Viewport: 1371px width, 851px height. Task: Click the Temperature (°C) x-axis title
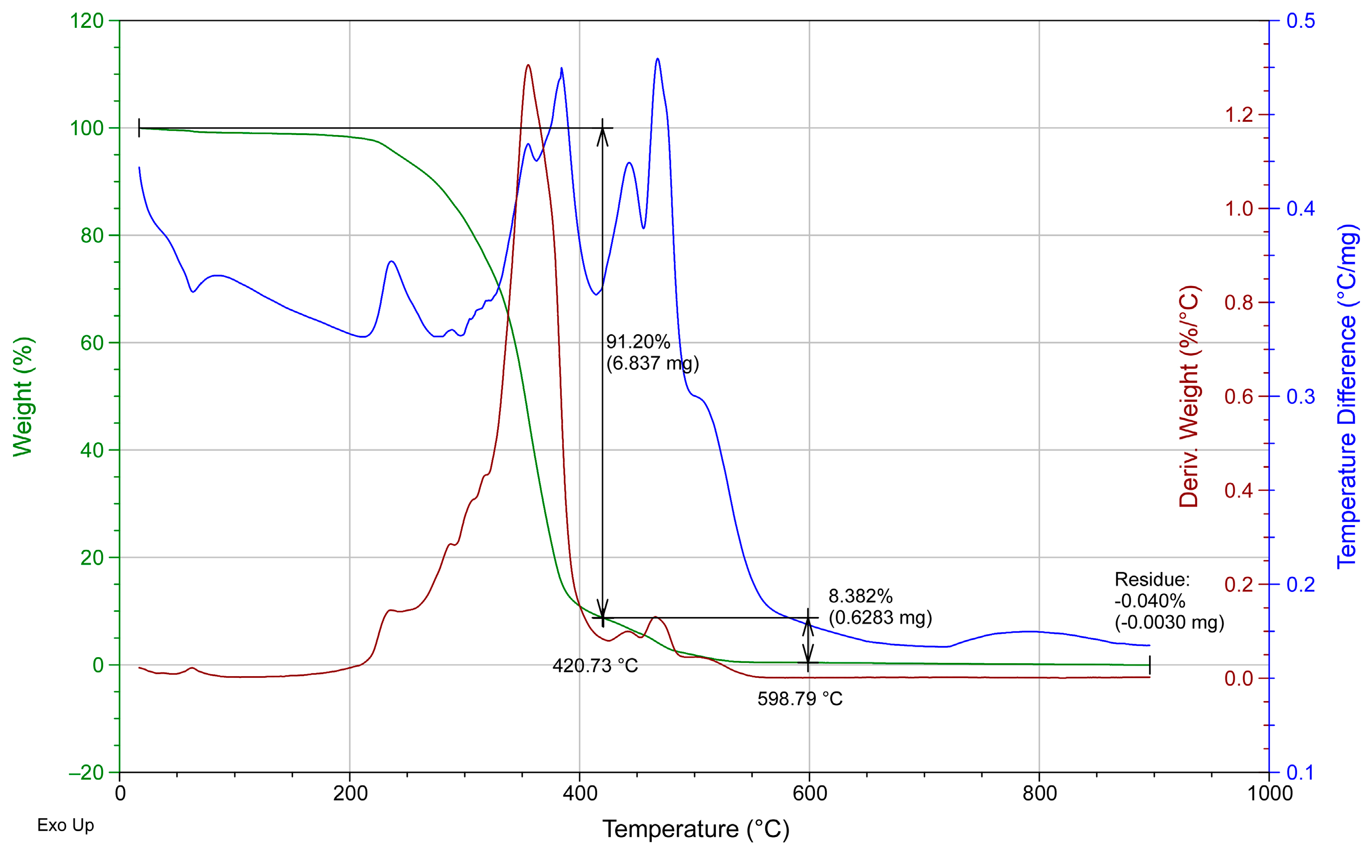pyautogui.click(x=696, y=829)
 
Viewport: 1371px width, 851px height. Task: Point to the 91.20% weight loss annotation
pyautogui.click(x=638, y=342)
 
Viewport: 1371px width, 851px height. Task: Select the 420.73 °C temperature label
pyautogui.click(x=595, y=666)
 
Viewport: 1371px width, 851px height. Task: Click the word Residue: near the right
pyautogui.click(x=1152, y=579)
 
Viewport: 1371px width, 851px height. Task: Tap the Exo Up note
pyautogui.click(x=65, y=825)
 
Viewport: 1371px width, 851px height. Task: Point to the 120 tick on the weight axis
pyautogui.click(x=86, y=21)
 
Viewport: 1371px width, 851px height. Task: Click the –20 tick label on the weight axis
pyautogui.click(x=86, y=772)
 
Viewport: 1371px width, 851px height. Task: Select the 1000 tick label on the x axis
pyautogui.click(x=1270, y=794)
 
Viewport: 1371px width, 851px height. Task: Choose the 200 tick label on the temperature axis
pyautogui.click(x=350, y=794)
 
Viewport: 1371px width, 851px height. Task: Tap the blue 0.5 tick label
pyautogui.click(x=1301, y=21)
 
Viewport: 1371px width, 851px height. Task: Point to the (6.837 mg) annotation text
pyautogui.click(x=652, y=363)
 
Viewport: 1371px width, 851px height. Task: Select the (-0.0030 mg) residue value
pyautogui.click(x=1169, y=622)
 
